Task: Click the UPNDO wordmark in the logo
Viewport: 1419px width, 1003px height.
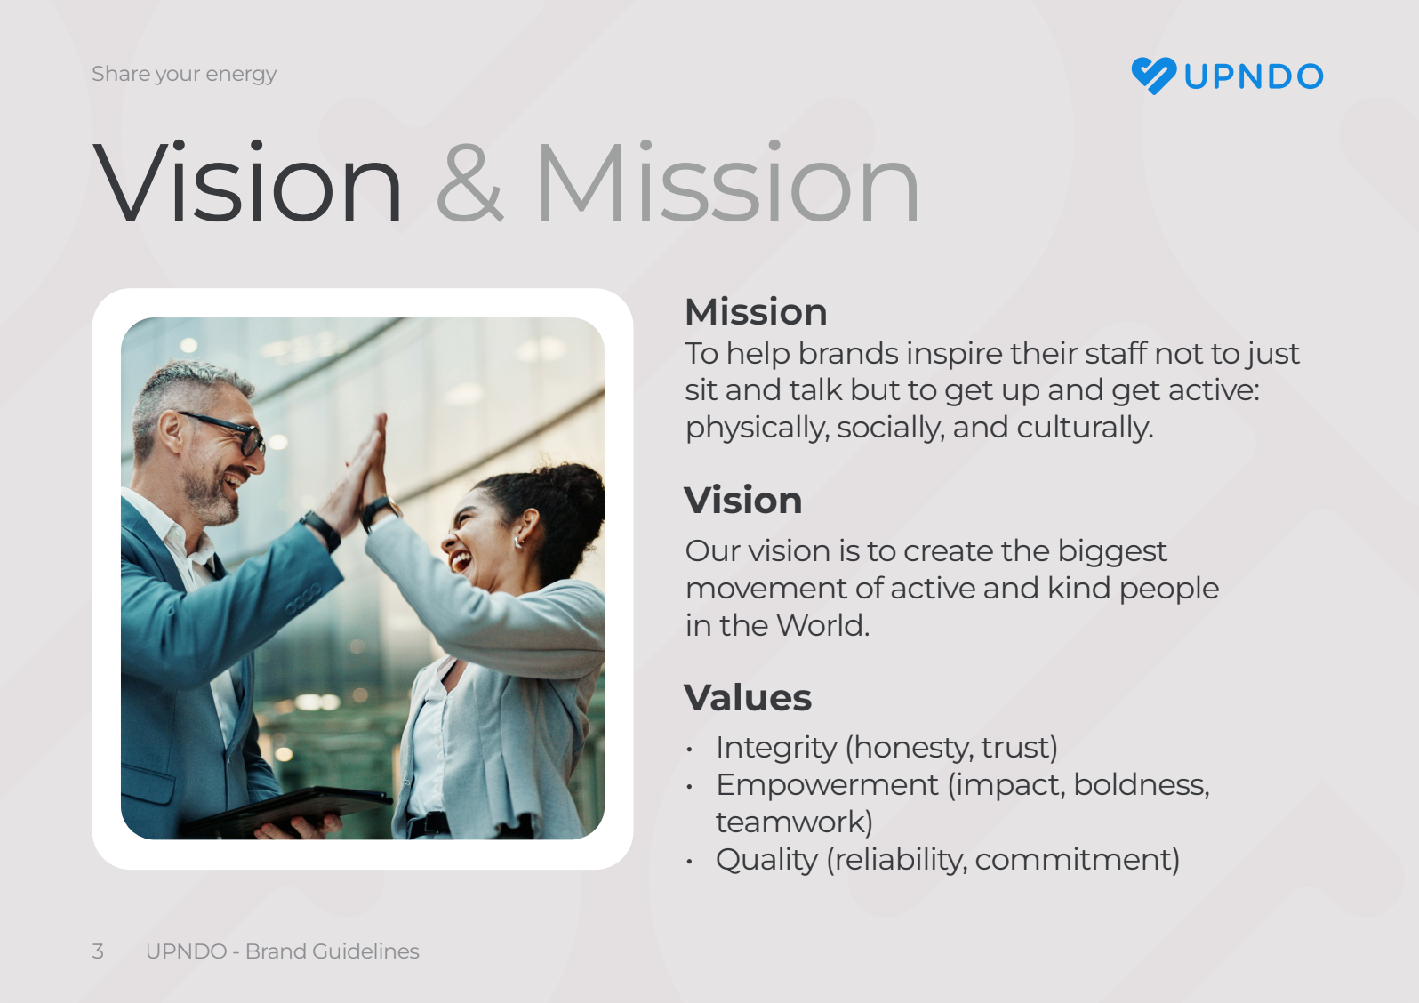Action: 1253,76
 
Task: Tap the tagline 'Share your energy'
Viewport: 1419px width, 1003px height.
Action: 184,74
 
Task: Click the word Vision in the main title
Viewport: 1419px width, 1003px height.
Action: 247,182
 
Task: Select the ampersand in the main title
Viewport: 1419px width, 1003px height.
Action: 469,182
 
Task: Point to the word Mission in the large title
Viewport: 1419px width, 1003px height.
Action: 728,182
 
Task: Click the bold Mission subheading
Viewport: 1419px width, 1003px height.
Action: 756,312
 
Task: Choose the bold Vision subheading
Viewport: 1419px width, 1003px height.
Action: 743,500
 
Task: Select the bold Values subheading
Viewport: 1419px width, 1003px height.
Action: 748,698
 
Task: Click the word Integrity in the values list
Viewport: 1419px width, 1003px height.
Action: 776,748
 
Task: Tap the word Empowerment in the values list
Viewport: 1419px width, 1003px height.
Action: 827,785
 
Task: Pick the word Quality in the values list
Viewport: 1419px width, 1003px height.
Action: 766,860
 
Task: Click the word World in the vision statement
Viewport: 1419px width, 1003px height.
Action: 823,625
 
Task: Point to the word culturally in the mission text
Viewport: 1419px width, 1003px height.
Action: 1085,427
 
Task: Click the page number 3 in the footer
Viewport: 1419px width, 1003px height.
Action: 98,951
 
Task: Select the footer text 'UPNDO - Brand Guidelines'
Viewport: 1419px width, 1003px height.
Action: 283,951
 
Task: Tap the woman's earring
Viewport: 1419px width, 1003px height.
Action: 518,542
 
